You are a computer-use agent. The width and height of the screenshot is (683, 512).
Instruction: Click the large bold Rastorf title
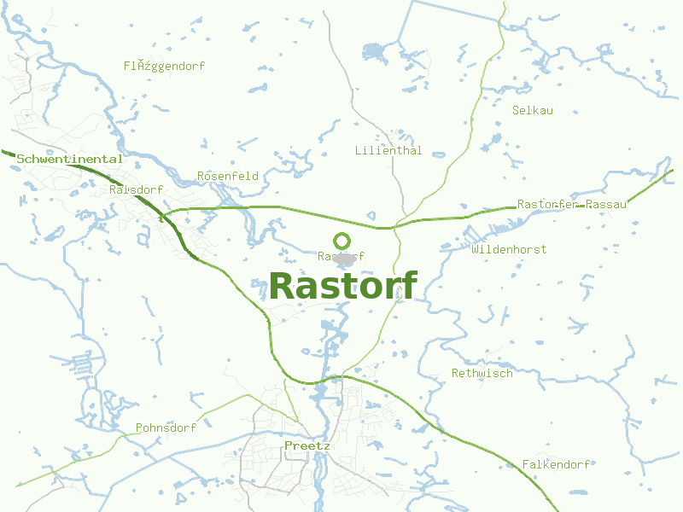coord(343,286)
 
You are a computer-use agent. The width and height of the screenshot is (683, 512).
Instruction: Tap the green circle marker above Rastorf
coord(342,241)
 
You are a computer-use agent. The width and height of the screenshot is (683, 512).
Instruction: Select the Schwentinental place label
coord(70,160)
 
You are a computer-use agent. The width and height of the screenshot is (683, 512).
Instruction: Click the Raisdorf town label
coord(136,189)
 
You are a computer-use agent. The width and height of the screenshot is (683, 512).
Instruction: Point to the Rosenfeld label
coord(228,177)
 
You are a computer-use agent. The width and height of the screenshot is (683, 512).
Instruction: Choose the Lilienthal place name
coord(388,151)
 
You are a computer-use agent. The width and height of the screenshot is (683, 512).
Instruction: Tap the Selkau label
coord(533,111)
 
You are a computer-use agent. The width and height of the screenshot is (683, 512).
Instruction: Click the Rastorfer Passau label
coord(572,205)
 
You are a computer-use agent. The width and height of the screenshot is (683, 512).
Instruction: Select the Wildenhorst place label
coord(509,249)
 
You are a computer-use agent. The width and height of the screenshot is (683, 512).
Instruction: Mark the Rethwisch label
coord(482,374)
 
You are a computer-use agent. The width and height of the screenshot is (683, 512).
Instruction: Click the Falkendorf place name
coord(557,465)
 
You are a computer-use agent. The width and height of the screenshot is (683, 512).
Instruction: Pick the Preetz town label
coord(306,446)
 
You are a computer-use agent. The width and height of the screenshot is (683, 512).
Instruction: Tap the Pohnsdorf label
coord(166,428)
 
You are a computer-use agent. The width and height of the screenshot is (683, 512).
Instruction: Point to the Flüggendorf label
coord(164,66)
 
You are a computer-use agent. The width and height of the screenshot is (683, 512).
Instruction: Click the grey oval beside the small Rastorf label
coord(343,257)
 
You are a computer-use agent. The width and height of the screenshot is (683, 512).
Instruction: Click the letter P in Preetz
coord(288,446)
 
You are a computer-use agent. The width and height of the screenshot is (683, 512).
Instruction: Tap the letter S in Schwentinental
coord(21,160)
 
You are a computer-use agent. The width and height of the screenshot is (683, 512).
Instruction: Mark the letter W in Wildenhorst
coord(475,249)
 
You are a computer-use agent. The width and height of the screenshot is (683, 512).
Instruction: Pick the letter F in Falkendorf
coord(526,465)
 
